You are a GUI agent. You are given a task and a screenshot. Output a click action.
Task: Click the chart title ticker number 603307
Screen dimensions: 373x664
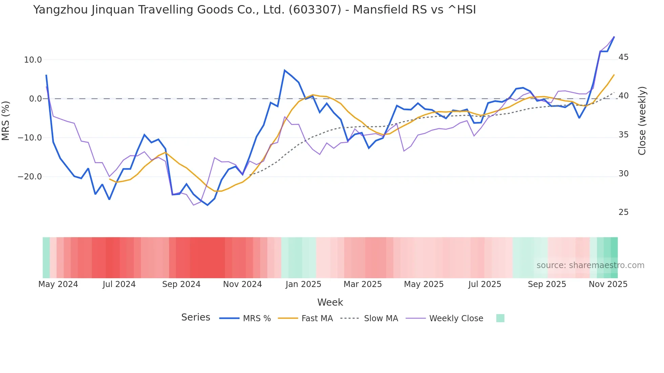tap(315, 10)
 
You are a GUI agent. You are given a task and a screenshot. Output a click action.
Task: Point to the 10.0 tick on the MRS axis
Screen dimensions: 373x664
tap(33, 60)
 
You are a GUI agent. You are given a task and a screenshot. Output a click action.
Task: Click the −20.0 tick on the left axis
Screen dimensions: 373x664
tap(30, 177)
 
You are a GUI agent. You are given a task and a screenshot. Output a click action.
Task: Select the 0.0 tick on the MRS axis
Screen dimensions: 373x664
tap(35, 99)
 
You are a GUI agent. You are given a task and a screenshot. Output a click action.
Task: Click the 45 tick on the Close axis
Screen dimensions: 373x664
tap(623, 57)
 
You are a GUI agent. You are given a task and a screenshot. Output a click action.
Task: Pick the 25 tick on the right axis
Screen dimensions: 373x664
tap(623, 212)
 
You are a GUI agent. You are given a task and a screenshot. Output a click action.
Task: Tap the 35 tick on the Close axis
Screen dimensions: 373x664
tap(623, 135)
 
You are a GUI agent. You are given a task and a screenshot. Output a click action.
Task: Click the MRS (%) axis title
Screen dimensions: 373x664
tap(6, 120)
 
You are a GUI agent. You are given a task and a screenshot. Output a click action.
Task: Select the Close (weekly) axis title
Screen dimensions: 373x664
tap(642, 121)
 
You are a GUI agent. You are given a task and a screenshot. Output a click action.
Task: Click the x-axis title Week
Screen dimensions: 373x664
tap(330, 302)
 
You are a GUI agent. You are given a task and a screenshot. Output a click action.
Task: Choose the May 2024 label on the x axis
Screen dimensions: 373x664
tap(58, 284)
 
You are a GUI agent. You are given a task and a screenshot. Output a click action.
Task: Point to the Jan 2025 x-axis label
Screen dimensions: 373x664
tap(303, 284)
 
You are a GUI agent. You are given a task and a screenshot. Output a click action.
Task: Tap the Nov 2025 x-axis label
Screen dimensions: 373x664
tap(608, 284)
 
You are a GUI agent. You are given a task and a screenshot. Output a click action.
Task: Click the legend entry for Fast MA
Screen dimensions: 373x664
tap(317, 319)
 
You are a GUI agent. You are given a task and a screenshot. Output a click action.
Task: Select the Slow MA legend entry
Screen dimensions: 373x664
tap(380, 319)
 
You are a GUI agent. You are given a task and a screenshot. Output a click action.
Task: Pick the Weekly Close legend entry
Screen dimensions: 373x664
tap(456, 319)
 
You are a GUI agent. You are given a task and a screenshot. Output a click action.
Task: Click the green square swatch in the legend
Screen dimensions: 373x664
tap(500, 318)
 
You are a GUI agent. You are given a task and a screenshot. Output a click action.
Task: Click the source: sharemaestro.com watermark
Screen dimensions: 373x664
tap(590, 265)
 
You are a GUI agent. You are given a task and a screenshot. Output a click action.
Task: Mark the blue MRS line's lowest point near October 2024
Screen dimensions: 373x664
tap(208, 205)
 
